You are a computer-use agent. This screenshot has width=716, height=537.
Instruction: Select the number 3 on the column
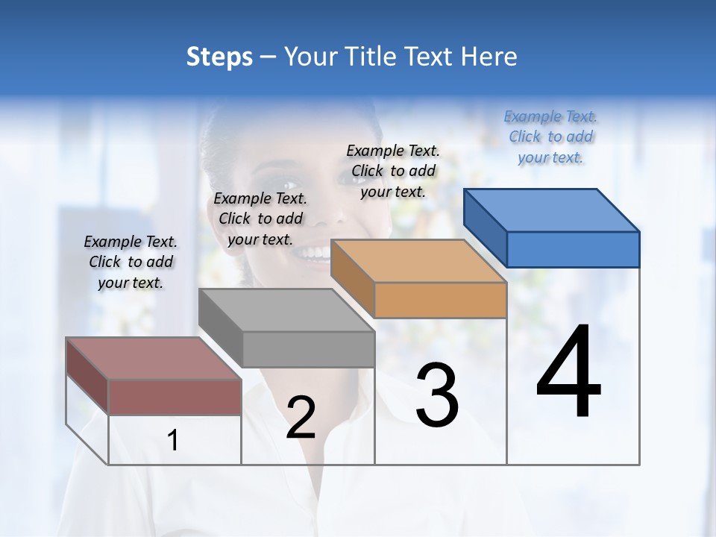click(x=437, y=395)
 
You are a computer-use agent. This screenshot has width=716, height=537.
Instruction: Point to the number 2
click(x=301, y=418)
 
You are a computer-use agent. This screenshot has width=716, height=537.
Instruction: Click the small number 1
click(x=173, y=441)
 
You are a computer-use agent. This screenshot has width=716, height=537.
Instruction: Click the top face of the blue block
click(x=552, y=210)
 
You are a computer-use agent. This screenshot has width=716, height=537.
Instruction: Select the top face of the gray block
click(x=286, y=310)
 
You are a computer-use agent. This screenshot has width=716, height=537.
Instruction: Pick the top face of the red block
click(x=154, y=359)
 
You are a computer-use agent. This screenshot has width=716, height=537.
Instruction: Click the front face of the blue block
click(x=573, y=249)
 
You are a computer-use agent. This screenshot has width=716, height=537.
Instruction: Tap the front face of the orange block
click(x=440, y=301)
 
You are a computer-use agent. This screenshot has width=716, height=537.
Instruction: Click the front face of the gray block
click(x=308, y=349)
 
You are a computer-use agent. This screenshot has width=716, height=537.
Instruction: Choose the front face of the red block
click(x=175, y=397)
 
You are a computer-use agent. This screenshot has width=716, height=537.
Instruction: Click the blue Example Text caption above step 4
click(x=550, y=136)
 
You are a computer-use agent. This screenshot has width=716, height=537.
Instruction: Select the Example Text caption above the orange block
click(x=393, y=171)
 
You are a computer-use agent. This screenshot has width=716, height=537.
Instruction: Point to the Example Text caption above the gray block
click(x=260, y=219)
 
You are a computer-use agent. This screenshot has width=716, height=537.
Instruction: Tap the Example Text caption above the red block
click(x=131, y=262)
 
